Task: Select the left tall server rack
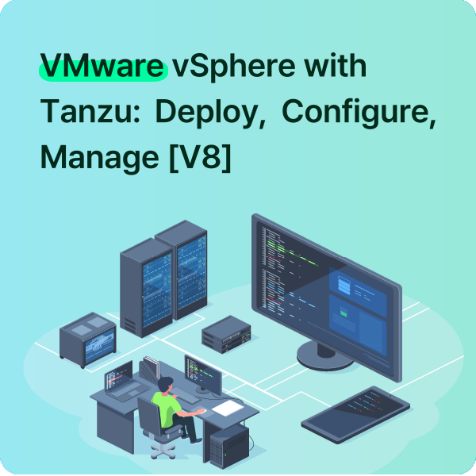(145, 277)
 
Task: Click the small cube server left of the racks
(88, 339)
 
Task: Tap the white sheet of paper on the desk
(228, 408)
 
